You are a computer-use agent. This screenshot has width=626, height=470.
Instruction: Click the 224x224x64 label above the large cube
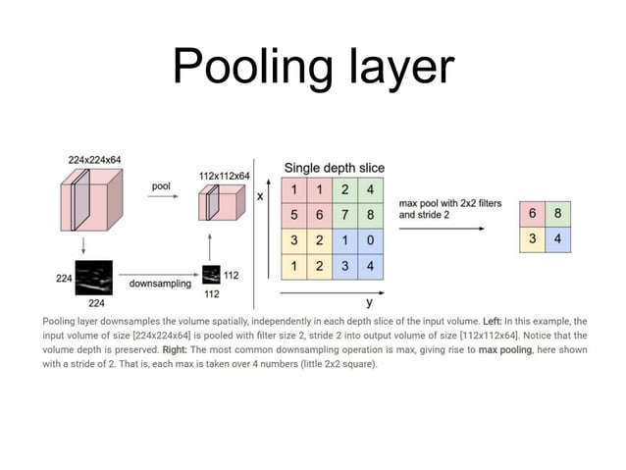coord(95,159)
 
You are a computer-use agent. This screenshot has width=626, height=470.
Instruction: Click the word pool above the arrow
coord(163,184)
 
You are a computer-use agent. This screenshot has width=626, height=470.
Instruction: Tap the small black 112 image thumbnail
coord(211,274)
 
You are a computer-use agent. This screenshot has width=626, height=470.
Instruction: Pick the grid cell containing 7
coord(346,213)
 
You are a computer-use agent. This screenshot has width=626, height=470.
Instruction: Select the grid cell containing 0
coord(371,238)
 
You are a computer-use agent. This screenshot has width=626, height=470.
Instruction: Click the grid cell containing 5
coord(295,213)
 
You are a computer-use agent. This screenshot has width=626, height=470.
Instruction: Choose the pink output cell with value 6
coord(532,215)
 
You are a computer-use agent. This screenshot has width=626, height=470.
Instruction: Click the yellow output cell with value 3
coord(532,239)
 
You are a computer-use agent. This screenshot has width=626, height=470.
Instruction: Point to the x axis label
coord(260,196)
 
